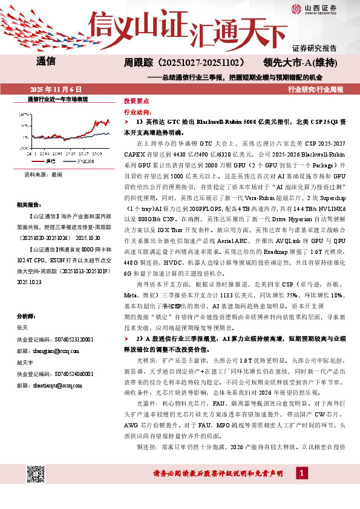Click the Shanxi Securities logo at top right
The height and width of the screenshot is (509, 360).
coord(313,9)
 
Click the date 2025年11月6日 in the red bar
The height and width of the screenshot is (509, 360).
coord(55,89)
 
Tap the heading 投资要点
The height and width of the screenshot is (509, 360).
coord(136,102)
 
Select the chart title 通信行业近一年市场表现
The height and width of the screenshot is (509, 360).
coord(57,99)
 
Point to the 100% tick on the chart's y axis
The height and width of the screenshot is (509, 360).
coord(24,114)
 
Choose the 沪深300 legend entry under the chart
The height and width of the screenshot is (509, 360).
coord(82,161)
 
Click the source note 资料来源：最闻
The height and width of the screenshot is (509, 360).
coord(43,174)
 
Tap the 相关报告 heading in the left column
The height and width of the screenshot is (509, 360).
coord(28,204)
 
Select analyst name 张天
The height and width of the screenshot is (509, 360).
coord(22,327)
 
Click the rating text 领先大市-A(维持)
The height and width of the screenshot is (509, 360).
coord(304,62)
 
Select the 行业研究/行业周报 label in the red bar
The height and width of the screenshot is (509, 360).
coord(316,89)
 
